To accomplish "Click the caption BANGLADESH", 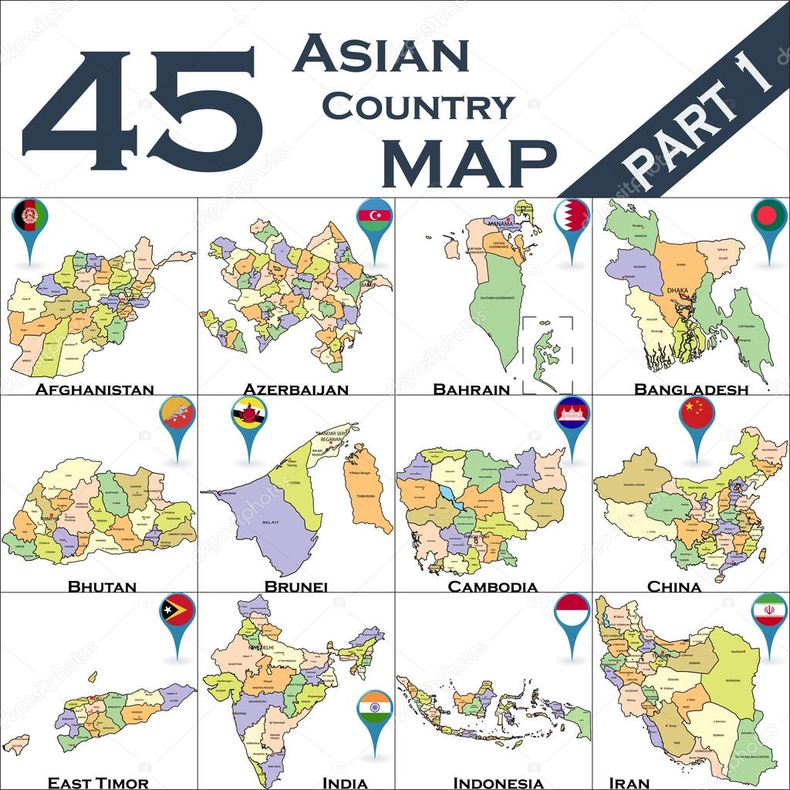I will (690, 389).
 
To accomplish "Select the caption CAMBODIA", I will (492, 586).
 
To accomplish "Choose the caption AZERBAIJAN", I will (295, 389).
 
